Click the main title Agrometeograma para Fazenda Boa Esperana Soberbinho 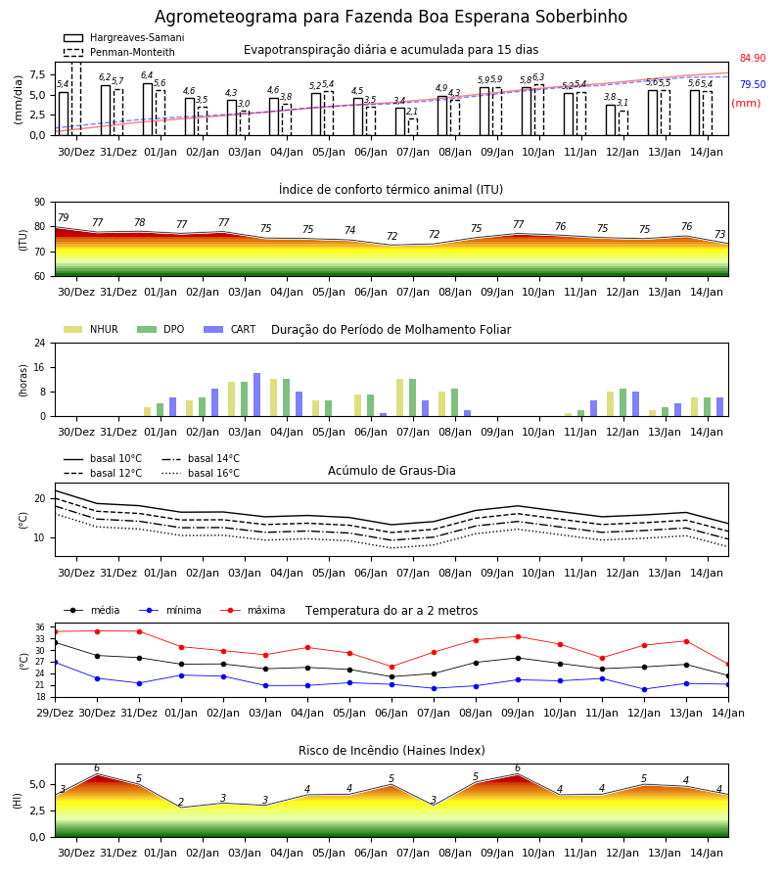click(x=391, y=17)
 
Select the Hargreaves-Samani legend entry click(x=124, y=37)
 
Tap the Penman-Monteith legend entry click(x=119, y=52)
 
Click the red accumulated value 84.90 click(x=753, y=58)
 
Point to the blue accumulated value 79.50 click(x=753, y=84)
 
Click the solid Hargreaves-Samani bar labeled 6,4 click(x=148, y=110)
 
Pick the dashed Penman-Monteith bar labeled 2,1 click(x=413, y=127)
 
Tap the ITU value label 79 click(x=64, y=217)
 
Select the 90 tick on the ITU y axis click(x=40, y=203)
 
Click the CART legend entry click(x=230, y=329)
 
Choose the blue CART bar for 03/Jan click(x=256, y=394)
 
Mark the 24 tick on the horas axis click(x=40, y=343)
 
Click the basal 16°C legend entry click(x=201, y=473)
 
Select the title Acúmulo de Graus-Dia click(x=391, y=471)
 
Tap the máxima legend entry click(x=253, y=610)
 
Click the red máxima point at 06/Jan click(x=392, y=667)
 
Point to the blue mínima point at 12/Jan click(x=644, y=689)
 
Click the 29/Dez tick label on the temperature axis click(x=55, y=713)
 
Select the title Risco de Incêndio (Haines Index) click(x=391, y=751)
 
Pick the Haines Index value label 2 click(x=181, y=802)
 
